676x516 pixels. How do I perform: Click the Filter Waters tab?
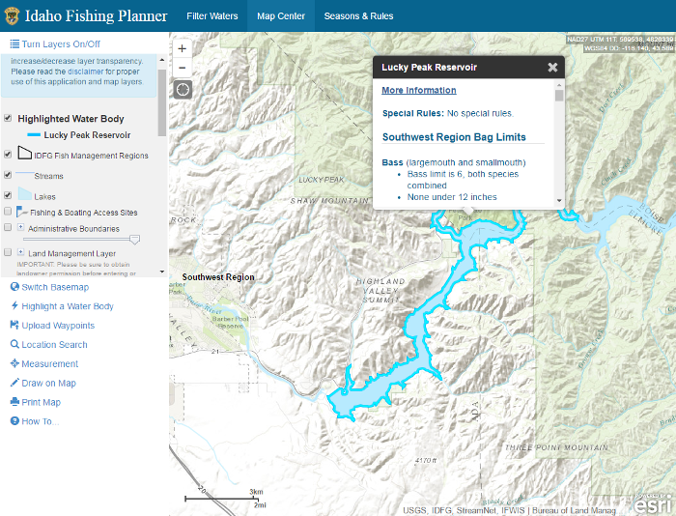click(x=211, y=16)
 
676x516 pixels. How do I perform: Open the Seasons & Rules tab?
click(x=358, y=16)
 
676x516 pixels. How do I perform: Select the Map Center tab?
click(x=281, y=16)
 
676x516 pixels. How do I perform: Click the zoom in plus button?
click(x=183, y=48)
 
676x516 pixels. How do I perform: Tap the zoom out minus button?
click(x=183, y=67)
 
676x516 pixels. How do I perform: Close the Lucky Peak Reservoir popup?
click(x=552, y=68)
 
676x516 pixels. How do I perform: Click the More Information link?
click(x=418, y=91)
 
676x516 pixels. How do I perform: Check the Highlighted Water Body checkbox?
click(x=9, y=119)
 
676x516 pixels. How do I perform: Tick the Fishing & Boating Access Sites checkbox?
click(x=9, y=212)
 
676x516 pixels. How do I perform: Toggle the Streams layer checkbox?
click(x=9, y=176)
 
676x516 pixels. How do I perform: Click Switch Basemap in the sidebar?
click(x=54, y=287)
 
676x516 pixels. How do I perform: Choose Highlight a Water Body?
click(x=67, y=306)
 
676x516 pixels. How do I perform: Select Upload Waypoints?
click(x=57, y=326)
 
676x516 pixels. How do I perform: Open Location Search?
click(x=54, y=345)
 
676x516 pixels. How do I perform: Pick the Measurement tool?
click(x=49, y=364)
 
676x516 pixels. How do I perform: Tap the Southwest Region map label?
click(x=218, y=277)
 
